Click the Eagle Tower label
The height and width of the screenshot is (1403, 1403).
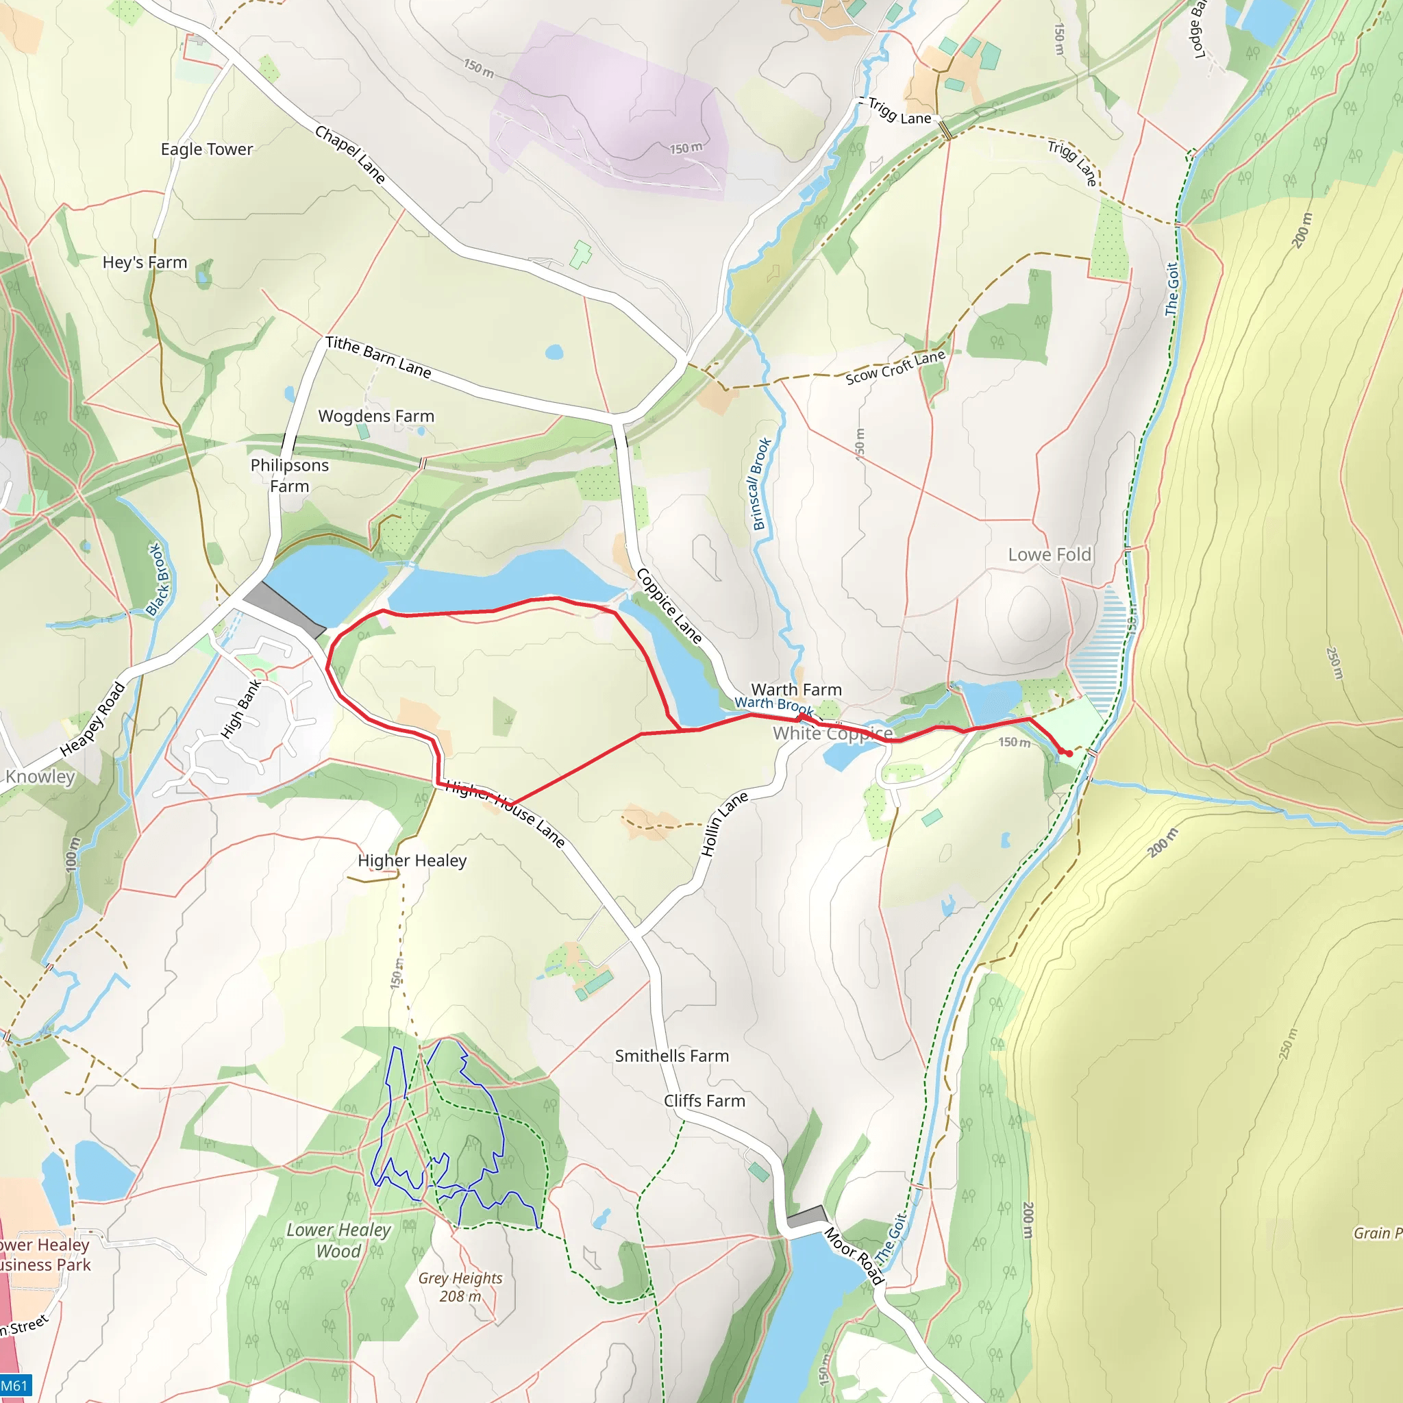[x=207, y=149]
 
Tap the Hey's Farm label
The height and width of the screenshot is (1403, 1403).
[x=145, y=262]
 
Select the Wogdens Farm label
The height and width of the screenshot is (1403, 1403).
[x=376, y=416]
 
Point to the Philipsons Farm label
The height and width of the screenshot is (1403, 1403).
[x=289, y=475]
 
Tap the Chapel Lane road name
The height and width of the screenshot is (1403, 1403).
[x=349, y=154]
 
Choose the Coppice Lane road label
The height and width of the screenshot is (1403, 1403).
[x=669, y=606]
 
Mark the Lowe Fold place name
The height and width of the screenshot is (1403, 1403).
[x=1050, y=555]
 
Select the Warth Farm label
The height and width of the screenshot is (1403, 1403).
[x=796, y=689]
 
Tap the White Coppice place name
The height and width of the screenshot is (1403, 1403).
[x=832, y=734]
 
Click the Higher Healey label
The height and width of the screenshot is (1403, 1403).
[x=412, y=860]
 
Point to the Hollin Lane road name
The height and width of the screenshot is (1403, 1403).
[x=724, y=824]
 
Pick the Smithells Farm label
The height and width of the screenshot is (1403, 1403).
[x=672, y=1056]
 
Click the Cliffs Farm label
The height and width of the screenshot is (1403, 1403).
[x=704, y=1101]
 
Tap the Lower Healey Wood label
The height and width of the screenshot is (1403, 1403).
[x=338, y=1241]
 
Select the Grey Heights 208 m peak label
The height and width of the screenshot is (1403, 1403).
[x=460, y=1287]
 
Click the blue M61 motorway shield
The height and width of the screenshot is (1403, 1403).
[x=14, y=1386]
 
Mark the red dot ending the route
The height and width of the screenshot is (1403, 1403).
[x=1069, y=754]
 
